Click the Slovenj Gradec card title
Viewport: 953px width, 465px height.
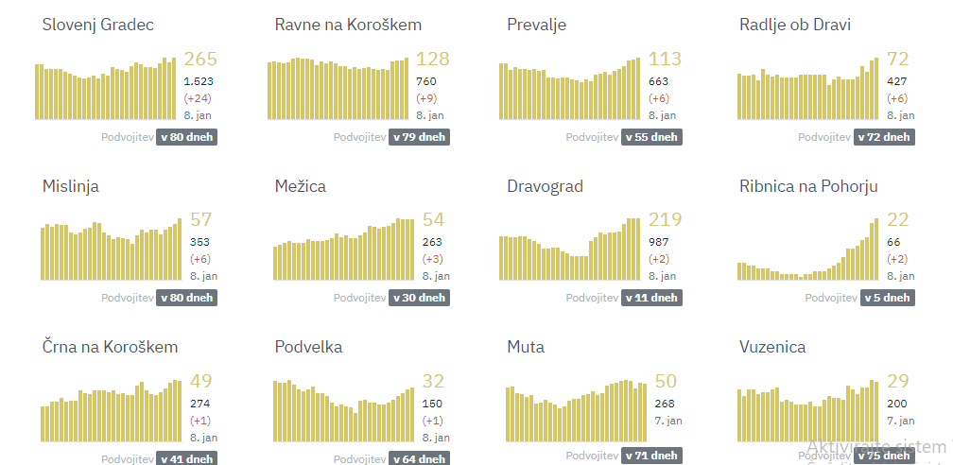click(97, 25)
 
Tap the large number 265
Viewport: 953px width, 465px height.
click(200, 60)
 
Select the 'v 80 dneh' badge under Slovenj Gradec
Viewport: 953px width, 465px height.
click(187, 137)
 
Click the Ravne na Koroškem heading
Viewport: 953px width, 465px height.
click(348, 25)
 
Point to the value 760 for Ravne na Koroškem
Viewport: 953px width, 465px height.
click(426, 81)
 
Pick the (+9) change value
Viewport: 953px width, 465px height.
click(427, 98)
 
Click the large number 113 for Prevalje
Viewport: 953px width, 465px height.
click(665, 60)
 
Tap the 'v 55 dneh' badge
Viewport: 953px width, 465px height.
click(651, 137)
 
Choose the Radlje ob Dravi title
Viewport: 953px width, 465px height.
click(794, 25)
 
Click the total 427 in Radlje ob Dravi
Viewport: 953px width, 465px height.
click(896, 81)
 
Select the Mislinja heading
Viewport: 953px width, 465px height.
click(71, 186)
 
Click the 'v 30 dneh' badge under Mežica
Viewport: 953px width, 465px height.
click(419, 298)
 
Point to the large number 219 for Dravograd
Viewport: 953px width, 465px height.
click(665, 220)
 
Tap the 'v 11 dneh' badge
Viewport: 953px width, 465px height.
click(651, 298)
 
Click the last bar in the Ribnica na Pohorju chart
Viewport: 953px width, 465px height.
click(875, 250)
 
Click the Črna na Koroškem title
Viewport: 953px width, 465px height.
click(110, 347)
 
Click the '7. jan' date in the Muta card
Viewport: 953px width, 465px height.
click(662, 421)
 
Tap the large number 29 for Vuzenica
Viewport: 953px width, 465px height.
click(897, 381)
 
